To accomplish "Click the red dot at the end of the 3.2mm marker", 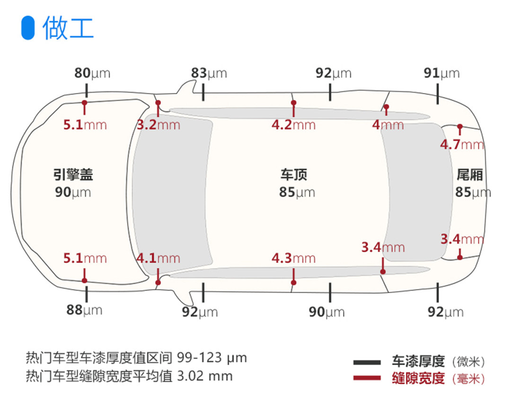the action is (158, 103).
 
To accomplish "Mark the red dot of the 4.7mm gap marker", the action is (460, 126).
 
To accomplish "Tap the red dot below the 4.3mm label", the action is (294, 282).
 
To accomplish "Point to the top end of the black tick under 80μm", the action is (87, 83).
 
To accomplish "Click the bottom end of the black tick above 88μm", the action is (87, 302).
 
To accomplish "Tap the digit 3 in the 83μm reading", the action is (203, 73).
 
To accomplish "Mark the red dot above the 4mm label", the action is (386, 106).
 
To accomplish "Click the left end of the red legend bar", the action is (353, 378).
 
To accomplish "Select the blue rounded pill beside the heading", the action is (28, 28).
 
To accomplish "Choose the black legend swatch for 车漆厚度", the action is (367, 362).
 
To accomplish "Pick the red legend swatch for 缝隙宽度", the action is (367, 378).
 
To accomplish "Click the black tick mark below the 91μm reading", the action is (438, 94).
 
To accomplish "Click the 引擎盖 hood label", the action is (73, 175).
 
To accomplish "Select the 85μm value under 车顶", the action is (297, 192).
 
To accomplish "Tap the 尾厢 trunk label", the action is (469, 175).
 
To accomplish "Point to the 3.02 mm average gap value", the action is (205, 376).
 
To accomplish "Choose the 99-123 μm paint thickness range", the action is (212, 358).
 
